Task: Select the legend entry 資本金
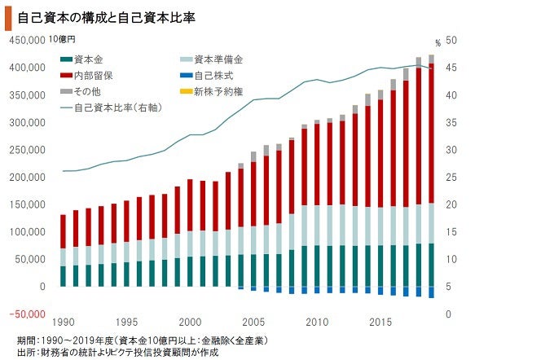pyautogui.click(x=87, y=59)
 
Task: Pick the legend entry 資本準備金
pyautogui.click(x=218, y=59)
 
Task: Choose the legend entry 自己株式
pyautogui.click(x=213, y=75)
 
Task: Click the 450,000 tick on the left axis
pyautogui.click(x=27, y=40)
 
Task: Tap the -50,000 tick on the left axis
pyautogui.click(x=27, y=314)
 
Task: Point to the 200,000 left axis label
pyautogui.click(x=27, y=178)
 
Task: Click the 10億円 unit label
pyautogui.click(x=62, y=39)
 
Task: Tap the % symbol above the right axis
pyautogui.click(x=437, y=42)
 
